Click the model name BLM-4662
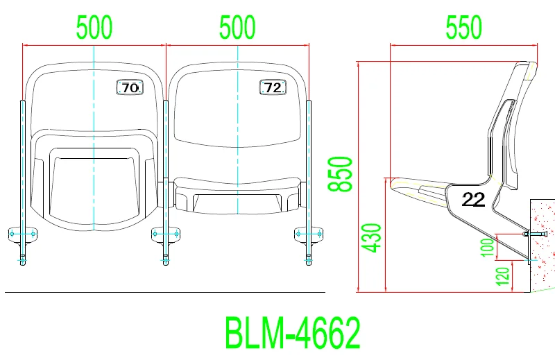tap(292, 333)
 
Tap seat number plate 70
tap(130, 88)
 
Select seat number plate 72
tap(273, 87)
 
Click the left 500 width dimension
tap(94, 28)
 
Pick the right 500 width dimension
tap(237, 28)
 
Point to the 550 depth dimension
tap(463, 28)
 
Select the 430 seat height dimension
tap(373, 237)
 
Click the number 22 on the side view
tap(473, 200)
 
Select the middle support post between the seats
tap(166, 180)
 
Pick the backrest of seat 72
tap(237, 118)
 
